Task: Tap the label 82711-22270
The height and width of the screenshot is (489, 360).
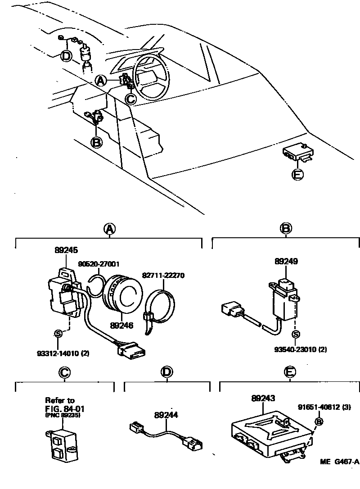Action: (x=163, y=275)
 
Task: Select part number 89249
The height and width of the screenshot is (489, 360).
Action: (x=286, y=261)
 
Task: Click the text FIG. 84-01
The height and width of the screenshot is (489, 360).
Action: (x=65, y=408)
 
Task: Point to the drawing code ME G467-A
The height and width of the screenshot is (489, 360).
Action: (x=340, y=462)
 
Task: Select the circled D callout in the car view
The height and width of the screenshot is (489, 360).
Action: (x=66, y=56)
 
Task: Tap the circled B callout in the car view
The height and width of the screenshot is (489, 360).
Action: (x=96, y=142)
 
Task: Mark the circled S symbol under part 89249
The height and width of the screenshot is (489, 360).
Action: (x=296, y=335)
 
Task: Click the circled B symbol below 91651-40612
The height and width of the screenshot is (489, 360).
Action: (x=318, y=421)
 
